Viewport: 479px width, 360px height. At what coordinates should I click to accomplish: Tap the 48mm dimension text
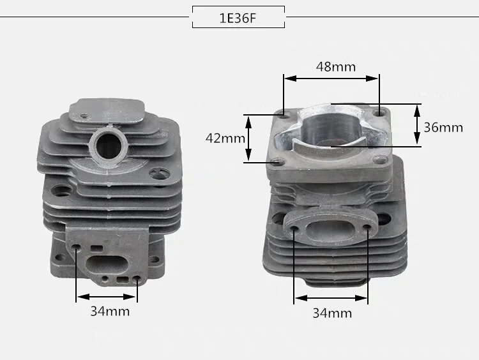click(x=335, y=66)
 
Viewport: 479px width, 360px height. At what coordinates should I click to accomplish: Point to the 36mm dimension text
click(x=443, y=127)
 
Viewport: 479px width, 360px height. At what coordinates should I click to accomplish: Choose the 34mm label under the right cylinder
click(x=331, y=313)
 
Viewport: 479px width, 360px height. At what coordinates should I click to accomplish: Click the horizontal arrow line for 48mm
click(x=331, y=79)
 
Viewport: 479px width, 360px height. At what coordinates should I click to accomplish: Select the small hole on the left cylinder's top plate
click(x=84, y=117)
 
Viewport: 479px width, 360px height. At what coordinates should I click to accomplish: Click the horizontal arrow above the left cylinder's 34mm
click(x=107, y=296)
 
